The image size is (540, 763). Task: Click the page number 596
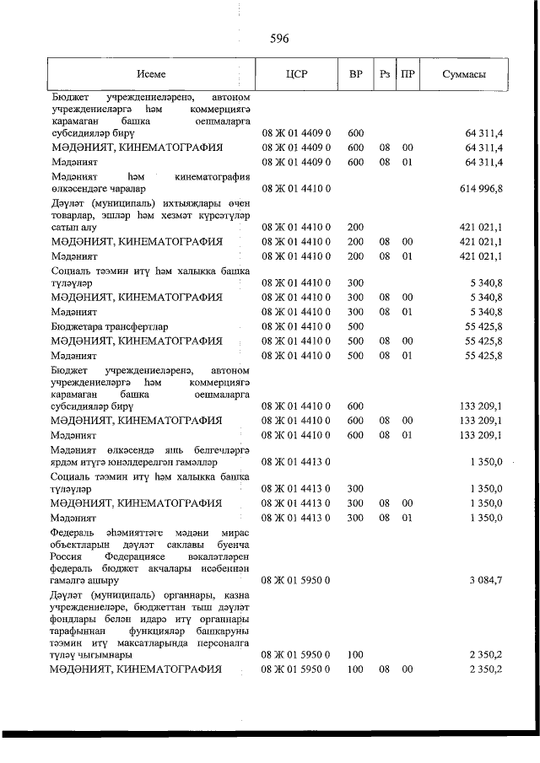click(x=280, y=38)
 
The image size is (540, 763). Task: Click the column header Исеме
click(x=154, y=74)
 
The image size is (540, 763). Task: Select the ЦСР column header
click(x=297, y=74)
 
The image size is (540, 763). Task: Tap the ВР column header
click(x=356, y=74)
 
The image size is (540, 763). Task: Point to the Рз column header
click(x=385, y=74)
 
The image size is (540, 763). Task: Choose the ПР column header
click(x=408, y=74)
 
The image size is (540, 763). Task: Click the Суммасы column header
click(x=463, y=74)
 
